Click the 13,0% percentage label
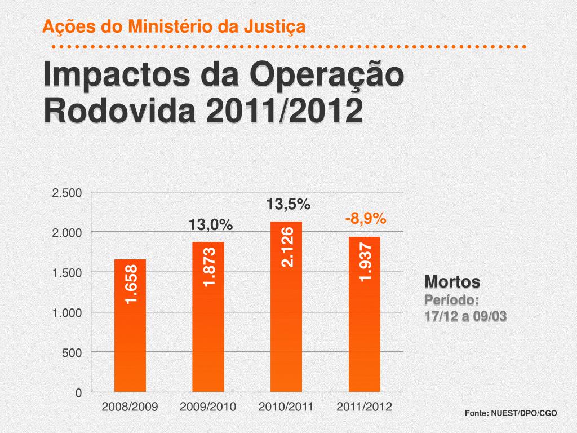pos(211,225)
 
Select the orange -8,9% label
pos(366,218)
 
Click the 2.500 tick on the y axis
pos(67,193)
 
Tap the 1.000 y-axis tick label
pos(67,313)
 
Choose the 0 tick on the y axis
pos(79,393)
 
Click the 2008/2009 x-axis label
pos(130,407)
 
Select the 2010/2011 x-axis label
pos(286,407)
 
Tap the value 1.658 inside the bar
pos(131,284)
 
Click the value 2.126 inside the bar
pos(287,246)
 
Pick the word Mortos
pos(452,281)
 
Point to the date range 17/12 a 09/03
pos(465,316)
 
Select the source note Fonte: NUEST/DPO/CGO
pos(511,414)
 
